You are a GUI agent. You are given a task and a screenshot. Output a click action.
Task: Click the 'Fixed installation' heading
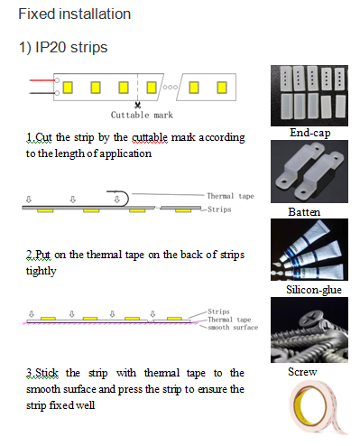click(x=74, y=14)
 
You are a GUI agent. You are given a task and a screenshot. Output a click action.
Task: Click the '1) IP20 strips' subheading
click(x=63, y=47)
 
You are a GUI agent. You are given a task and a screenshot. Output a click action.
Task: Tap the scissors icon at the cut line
click(x=138, y=105)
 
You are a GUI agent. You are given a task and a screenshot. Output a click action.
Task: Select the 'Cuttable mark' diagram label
click(x=142, y=115)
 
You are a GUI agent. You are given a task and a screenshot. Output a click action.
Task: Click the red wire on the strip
click(x=42, y=80)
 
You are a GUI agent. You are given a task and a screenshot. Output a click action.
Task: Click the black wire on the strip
click(x=42, y=93)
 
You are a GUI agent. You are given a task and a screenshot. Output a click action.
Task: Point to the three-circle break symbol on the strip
click(x=171, y=88)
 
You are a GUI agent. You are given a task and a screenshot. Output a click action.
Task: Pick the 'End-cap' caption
click(x=309, y=133)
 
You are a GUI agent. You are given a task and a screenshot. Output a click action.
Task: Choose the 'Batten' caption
click(x=304, y=212)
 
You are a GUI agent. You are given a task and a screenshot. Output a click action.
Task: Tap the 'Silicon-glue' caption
click(x=314, y=290)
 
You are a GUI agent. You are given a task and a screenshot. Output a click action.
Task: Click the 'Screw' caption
click(x=302, y=372)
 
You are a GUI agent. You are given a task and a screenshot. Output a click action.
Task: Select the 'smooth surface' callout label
click(x=233, y=328)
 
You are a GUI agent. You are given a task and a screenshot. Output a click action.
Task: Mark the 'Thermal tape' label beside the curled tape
click(x=230, y=196)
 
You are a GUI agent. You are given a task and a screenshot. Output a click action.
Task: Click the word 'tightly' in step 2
click(x=41, y=271)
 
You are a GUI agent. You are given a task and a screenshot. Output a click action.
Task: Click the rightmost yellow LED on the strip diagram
click(x=222, y=88)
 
